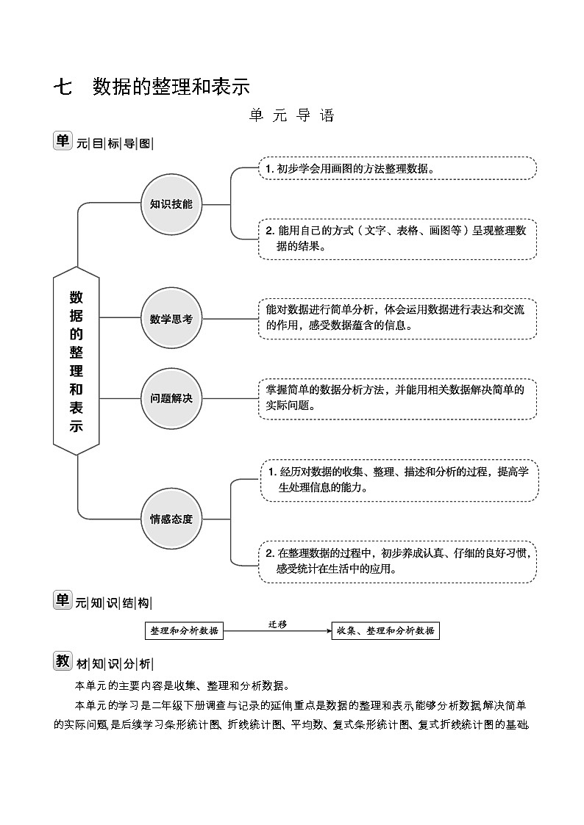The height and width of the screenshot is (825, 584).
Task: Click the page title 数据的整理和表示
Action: coord(171,87)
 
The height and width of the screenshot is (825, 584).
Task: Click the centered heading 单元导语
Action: coord(291,116)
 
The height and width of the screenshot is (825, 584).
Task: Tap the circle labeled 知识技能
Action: coord(171,204)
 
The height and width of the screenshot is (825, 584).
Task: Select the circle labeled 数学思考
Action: coord(171,319)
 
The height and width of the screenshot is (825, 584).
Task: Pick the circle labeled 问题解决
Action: coord(171,398)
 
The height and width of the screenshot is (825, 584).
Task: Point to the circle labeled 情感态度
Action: coord(171,519)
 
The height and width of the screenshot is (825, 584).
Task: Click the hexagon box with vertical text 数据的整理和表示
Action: coord(76,361)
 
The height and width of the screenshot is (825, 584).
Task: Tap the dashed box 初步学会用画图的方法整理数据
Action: coord(396,168)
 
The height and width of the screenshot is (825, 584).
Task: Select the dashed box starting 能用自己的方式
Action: coord(396,238)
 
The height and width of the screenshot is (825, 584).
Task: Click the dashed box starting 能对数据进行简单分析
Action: coord(396,318)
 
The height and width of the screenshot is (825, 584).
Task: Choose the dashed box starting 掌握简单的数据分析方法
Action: coord(396,398)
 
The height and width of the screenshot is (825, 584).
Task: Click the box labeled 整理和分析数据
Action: coord(184,630)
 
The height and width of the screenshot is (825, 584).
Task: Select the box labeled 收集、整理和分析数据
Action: coord(385,630)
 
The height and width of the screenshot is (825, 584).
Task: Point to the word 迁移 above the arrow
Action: coord(277,624)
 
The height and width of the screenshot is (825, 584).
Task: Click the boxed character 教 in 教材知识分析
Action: coord(63,660)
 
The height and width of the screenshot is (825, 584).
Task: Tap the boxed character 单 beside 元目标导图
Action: coord(63,141)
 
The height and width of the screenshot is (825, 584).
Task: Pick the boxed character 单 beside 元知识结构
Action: coord(63,600)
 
